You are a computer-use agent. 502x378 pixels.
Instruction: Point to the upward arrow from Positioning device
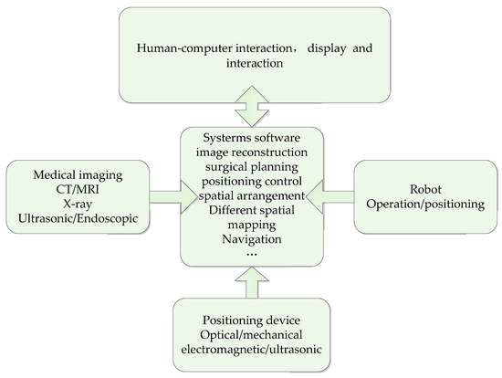(x=251, y=284)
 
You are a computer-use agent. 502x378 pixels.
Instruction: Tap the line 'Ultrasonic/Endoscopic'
(x=77, y=218)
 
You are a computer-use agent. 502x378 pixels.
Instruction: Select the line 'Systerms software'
(x=251, y=137)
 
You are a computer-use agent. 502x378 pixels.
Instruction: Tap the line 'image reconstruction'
(x=251, y=152)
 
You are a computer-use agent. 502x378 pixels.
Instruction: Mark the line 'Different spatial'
(x=251, y=208)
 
